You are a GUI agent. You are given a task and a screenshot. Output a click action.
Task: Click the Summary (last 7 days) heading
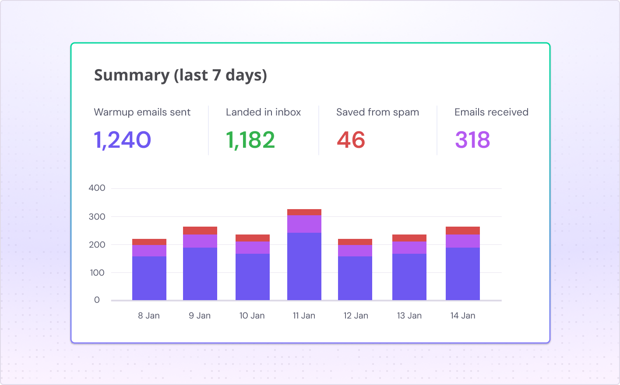click(180, 75)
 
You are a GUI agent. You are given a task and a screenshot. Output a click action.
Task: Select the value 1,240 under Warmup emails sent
click(123, 140)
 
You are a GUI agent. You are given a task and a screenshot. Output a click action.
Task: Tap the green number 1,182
click(250, 140)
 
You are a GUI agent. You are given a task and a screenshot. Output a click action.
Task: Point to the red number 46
click(351, 140)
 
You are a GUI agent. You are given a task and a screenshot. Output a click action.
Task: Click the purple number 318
click(472, 140)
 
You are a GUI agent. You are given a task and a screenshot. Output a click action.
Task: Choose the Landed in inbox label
click(263, 112)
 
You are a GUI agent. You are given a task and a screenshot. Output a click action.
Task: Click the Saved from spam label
click(377, 112)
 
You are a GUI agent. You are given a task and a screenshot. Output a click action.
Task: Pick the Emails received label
click(491, 112)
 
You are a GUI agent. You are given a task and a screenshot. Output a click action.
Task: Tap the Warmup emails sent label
click(142, 112)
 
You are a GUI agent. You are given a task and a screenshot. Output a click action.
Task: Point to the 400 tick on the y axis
click(97, 188)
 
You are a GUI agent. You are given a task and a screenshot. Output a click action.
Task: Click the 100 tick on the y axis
click(97, 273)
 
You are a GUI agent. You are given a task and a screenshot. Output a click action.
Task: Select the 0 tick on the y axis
click(97, 300)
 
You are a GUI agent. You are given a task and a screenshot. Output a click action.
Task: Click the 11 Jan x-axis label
click(304, 315)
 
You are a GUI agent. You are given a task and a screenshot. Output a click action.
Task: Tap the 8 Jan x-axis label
click(149, 315)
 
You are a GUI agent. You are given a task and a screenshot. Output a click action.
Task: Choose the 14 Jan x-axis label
click(462, 315)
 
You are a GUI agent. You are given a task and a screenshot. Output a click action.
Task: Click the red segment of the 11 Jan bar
click(304, 212)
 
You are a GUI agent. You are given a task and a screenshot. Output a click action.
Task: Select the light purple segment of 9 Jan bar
click(200, 241)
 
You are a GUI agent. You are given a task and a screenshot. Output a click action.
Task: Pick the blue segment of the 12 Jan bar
click(355, 278)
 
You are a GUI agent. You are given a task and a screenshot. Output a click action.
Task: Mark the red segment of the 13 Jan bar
click(409, 238)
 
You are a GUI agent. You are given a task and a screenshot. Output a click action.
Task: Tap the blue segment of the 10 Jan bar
click(253, 277)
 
